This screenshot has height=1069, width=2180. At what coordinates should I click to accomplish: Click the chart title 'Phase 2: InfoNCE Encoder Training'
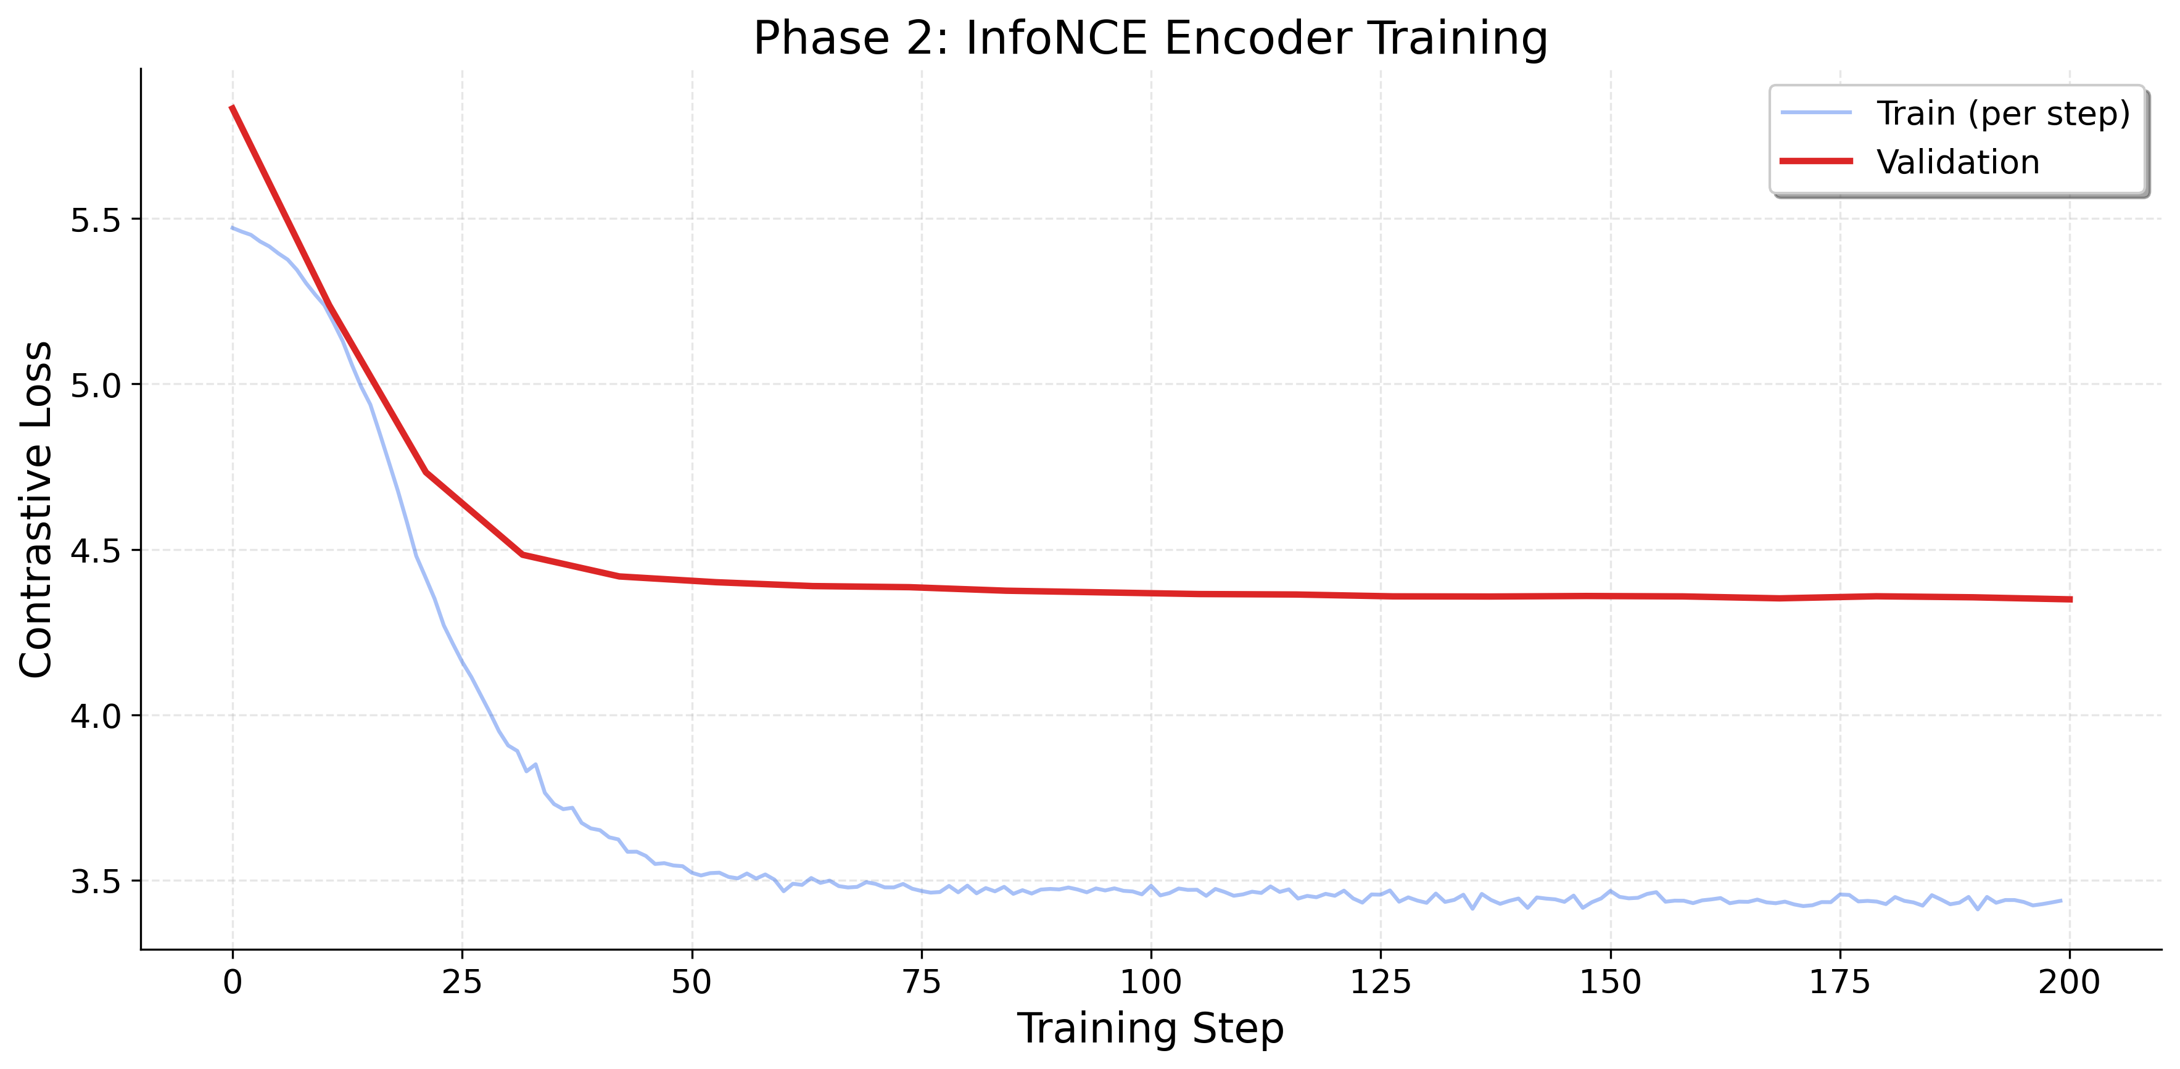click(x=1150, y=38)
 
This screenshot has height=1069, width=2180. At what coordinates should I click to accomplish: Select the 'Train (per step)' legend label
click(x=2002, y=114)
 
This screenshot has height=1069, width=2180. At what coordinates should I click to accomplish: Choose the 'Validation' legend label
click(x=1957, y=162)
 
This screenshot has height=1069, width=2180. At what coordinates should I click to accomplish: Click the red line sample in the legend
click(x=1816, y=161)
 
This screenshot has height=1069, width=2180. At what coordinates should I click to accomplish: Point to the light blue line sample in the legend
click(x=1816, y=112)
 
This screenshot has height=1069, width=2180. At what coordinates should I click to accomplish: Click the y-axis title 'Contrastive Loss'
click(x=36, y=510)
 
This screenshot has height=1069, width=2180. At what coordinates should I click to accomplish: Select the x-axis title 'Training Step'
click(x=1150, y=1028)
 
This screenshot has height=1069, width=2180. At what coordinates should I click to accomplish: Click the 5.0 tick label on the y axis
click(x=95, y=385)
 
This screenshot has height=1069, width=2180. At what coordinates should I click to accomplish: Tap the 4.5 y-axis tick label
click(x=95, y=551)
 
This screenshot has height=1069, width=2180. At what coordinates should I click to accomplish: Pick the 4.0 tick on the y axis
click(x=95, y=716)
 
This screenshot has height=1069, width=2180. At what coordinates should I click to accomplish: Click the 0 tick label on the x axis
click(x=233, y=982)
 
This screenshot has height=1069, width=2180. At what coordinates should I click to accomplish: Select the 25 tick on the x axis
click(x=462, y=982)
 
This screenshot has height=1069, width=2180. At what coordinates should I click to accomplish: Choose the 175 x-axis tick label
click(x=1839, y=982)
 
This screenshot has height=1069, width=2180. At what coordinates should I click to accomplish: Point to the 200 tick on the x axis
click(x=2069, y=982)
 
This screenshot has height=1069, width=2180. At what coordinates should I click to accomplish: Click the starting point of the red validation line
click(x=232, y=107)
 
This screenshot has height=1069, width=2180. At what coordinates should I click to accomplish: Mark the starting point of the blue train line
click(x=233, y=227)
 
